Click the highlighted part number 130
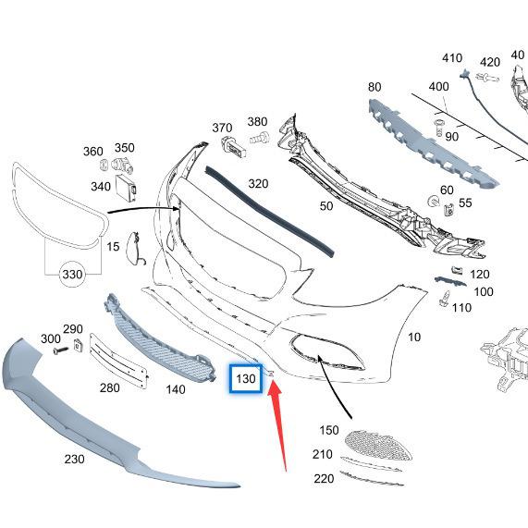(246, 378)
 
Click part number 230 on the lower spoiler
(74, 459)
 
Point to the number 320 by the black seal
(258, 183)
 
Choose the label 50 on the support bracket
(326, 205)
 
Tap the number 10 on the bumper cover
(414, 338)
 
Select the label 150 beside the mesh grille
(329, 431)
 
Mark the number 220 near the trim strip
(323, 478)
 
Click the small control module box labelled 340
(127, 190)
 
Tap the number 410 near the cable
(451, 58)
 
